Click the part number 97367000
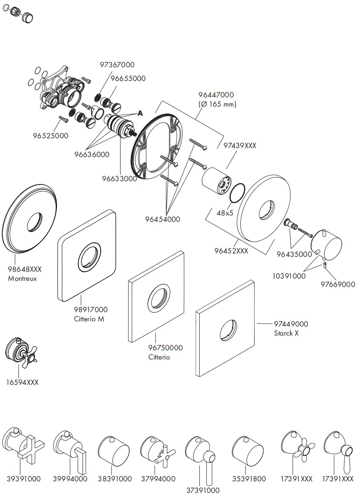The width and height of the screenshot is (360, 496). tap(117, 65)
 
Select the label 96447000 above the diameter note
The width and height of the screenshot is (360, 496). tap(216, 95)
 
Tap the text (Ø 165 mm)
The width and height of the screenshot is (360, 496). tap(217, 105)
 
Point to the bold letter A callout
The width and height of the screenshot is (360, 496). tap(140, 113)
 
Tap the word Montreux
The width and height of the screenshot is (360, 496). tap(22, 279)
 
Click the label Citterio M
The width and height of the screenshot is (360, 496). tap(89, 319)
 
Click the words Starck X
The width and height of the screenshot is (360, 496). tap(286, 333)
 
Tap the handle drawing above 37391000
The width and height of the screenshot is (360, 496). tap(200, 454)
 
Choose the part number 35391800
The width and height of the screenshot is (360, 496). tap(248, 479)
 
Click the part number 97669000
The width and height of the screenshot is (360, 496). tap(338, 284)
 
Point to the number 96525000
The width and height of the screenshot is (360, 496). tap(51, 136)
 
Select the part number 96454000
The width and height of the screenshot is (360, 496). tap(162, 219)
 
